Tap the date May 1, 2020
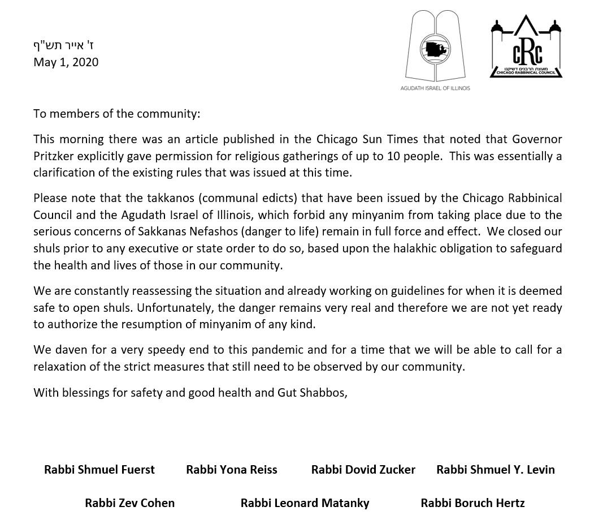point(66,62)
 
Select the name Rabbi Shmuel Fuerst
point(99,470)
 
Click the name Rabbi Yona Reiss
point(232,470)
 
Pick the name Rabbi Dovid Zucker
point(363,470)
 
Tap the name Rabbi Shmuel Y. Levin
point(496,470)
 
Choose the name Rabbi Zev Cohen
point(130,503)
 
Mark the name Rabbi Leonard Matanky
point(305,503)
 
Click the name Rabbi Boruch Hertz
point(473,503)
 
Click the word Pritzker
point(56,156)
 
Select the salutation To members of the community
point(116,114)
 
